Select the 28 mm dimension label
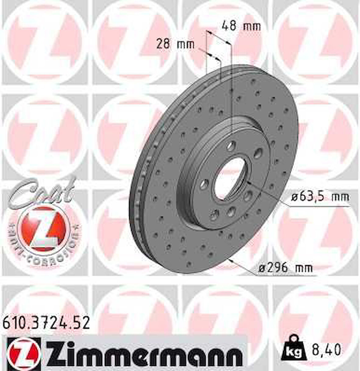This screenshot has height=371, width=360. [x=175, y=45]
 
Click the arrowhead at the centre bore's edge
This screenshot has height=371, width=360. [x=248, y=182]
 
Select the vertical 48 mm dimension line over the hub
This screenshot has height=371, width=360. [x=232, y=92]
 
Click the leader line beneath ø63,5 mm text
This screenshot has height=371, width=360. [x=317, y=206]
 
